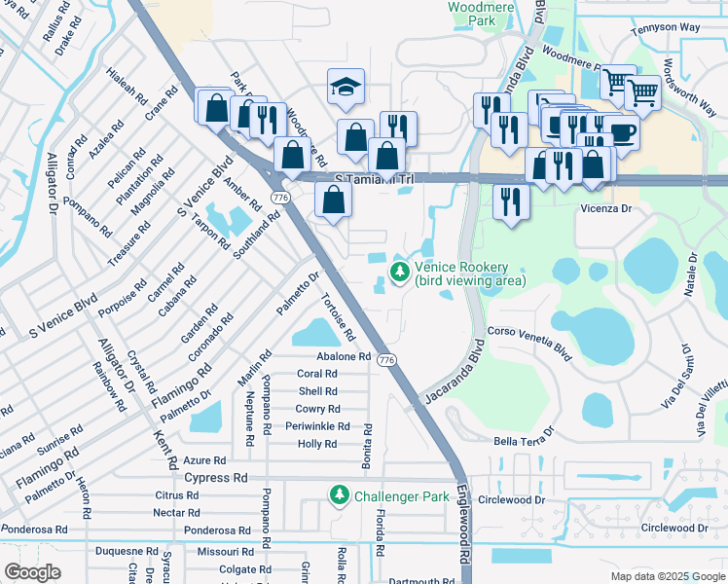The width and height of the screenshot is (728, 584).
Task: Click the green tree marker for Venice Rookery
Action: [x=399, y=272]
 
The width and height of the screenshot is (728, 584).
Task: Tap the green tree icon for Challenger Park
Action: [x=339, y=495]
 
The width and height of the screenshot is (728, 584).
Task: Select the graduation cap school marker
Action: [x=346, y=88]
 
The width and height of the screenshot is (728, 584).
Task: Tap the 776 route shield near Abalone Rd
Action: [x=388, y=360]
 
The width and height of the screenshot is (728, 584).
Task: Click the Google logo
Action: [x=32, y=572]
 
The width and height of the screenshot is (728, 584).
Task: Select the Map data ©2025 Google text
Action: [x=667, y=576]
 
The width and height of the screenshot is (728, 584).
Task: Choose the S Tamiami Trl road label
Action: [x=374, y=179]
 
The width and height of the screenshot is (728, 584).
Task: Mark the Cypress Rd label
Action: [x=216, y=478]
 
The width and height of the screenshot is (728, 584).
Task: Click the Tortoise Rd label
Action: [x=338, y=318]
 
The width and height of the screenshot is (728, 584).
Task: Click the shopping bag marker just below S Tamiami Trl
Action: [x=333, y=201]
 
